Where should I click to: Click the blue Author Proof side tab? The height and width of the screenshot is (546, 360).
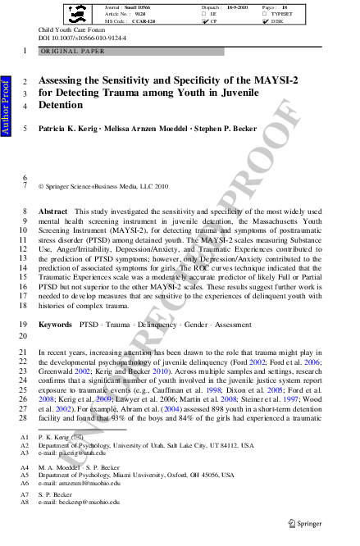click(x=6, y=107)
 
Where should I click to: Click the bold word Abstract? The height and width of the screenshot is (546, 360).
click(x=53, y=212)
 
